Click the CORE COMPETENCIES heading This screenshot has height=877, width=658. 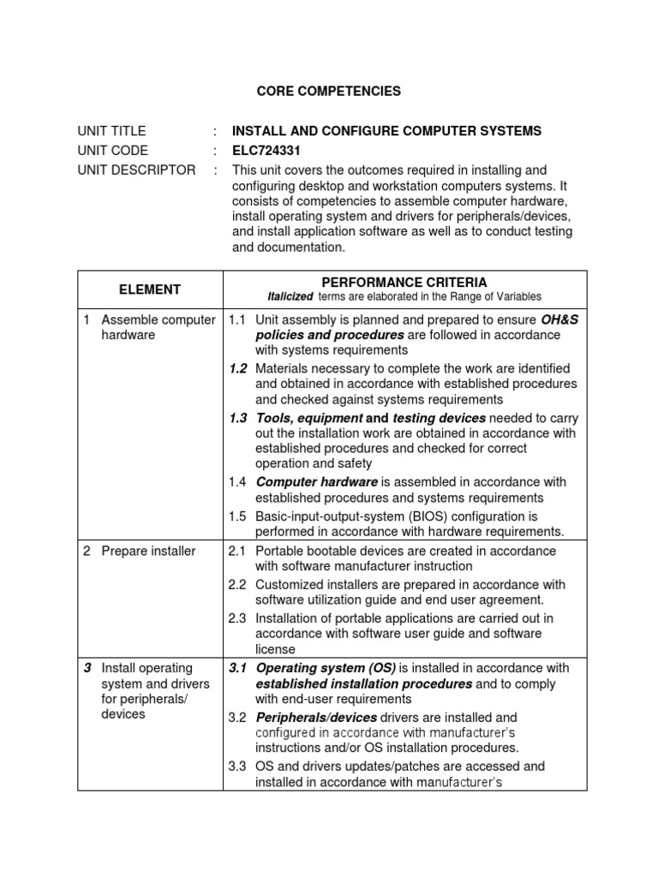pos(318,91)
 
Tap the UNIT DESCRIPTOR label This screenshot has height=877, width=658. pos(136,170)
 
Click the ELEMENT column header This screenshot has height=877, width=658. pos(150,289)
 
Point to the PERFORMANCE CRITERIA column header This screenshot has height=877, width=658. pos(404,282)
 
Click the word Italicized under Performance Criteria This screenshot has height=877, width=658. pos(289,297)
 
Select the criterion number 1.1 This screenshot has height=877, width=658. pos(237,319)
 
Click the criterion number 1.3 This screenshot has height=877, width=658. pos(238,418)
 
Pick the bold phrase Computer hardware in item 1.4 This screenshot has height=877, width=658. pos(317,482)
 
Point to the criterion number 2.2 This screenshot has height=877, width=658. pos(237,585)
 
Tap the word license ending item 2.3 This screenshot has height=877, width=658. pos(275,650)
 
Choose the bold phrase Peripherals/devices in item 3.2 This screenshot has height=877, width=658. pos(316,717)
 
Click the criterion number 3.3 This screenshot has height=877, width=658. pos(237,767)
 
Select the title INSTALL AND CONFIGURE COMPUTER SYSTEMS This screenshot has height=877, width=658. pos(386,131)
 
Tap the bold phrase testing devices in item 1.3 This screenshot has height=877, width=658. pos(439,418)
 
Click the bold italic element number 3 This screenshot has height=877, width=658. pos(87,668)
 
